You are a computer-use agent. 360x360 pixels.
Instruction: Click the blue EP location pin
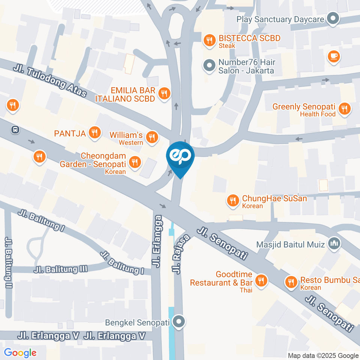(x=180, y=157)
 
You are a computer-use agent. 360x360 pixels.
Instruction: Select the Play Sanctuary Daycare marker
(x=332, y=19)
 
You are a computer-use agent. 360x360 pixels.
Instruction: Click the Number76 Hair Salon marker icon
(x=208, y=66)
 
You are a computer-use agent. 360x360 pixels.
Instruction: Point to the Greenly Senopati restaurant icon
(x=343, y=109)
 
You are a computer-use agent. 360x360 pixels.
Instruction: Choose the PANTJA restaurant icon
(x=94, y=132)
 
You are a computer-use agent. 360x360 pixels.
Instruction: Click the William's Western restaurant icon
(x=151, y=137)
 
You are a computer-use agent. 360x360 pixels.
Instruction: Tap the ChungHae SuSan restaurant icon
(x=233, y=201)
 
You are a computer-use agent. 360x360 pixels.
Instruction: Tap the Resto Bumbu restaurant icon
(x=291, y=282)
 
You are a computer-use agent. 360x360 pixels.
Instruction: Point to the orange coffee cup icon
(x=333, y=57)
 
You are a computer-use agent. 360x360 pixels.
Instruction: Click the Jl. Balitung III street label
(x=60, y=269)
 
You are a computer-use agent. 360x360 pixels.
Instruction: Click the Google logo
(x=20, y=352)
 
